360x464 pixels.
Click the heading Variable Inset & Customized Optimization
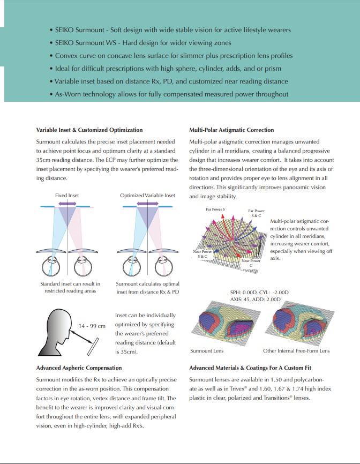(x=89, y=130)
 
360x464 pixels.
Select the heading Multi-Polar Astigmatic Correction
(x=231, y=130)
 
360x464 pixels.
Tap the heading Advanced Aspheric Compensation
(x=79, y=368)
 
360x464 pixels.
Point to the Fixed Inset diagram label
(x=67, y=196)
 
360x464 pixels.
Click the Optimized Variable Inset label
(x=147, y=196)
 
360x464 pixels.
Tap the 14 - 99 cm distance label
(x=92, y=326)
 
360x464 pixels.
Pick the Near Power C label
(x=251, y=263)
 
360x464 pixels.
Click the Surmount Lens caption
(x=206, y=351)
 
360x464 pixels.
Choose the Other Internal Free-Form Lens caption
(x=296, y=351)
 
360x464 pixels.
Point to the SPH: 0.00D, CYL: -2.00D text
(x=259, y=293)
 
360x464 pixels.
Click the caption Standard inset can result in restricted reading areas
(x=70, y=287)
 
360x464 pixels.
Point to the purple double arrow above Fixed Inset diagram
(x=67, y=205)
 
